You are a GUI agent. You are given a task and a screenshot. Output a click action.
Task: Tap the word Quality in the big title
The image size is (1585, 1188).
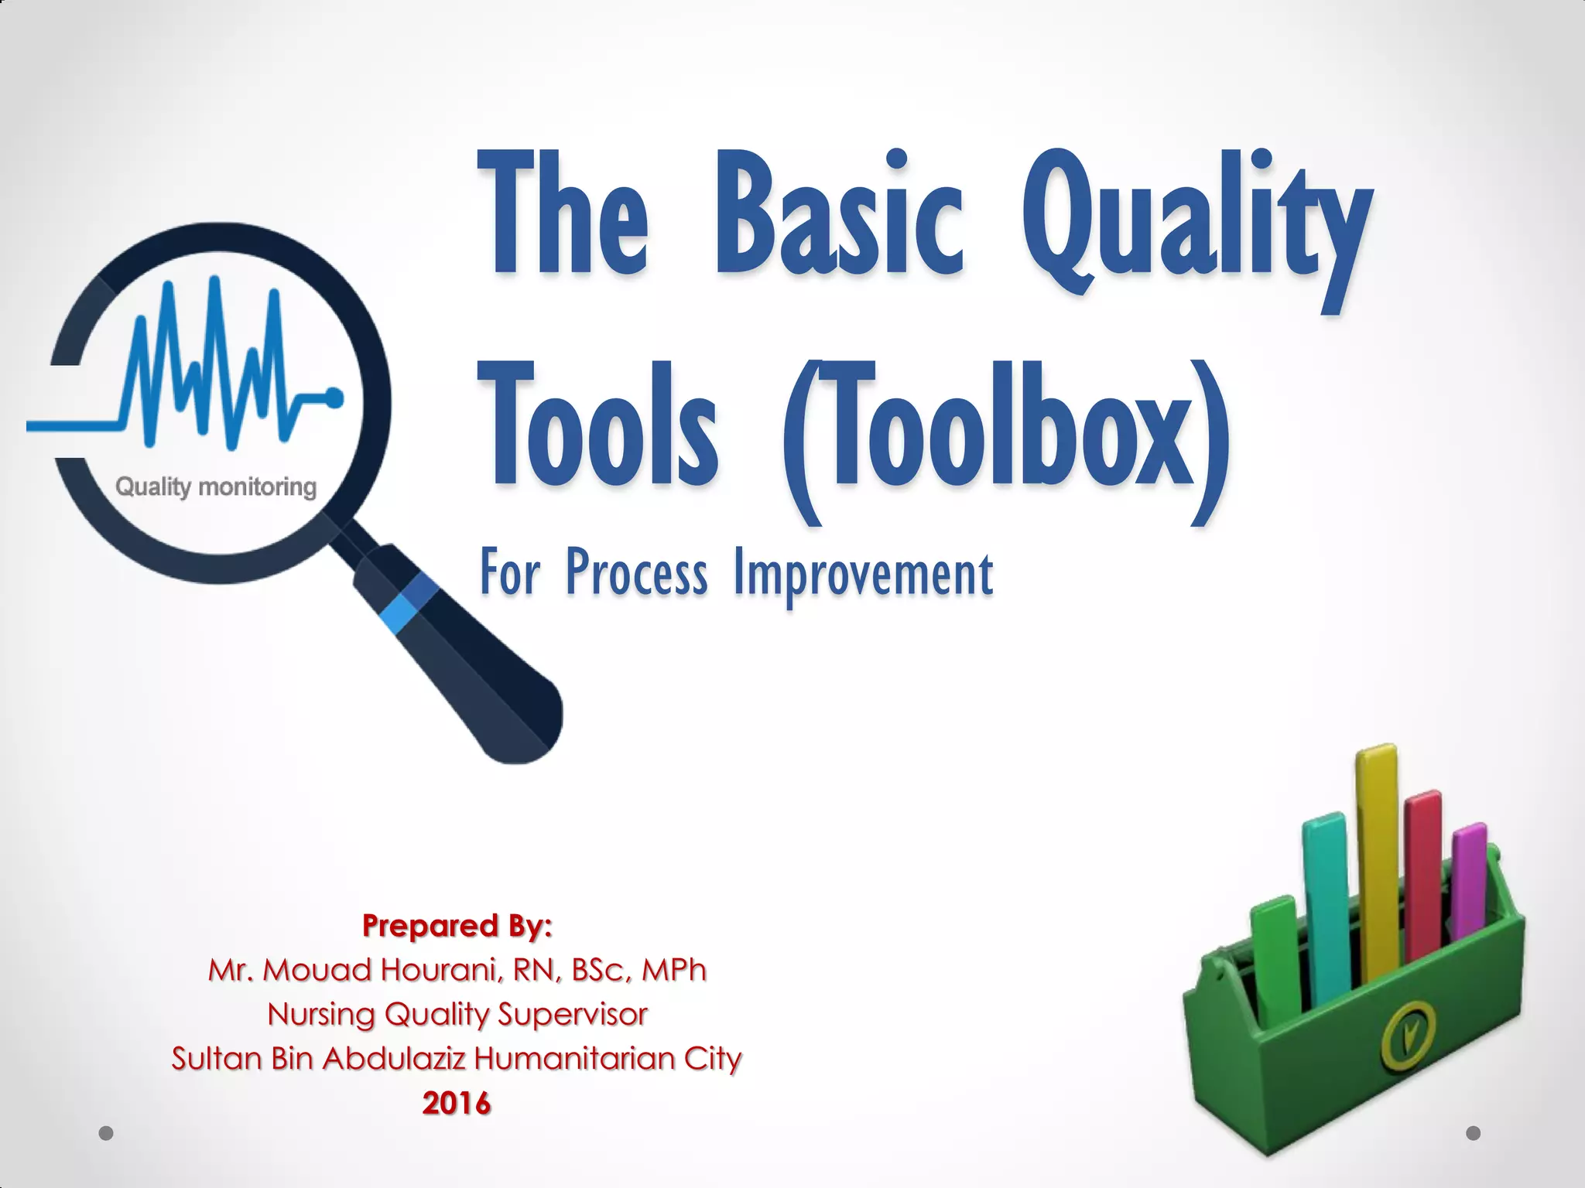[x=1196, y=224]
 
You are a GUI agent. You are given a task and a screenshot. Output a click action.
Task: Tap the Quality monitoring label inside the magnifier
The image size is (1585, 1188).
[x=216, y=487]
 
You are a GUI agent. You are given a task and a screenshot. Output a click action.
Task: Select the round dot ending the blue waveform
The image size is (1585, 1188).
[x=334, y=398]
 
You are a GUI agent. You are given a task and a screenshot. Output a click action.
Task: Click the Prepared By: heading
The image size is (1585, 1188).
[x=457, y=925]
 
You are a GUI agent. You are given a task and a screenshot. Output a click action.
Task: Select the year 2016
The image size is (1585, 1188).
[x=457, y=1103]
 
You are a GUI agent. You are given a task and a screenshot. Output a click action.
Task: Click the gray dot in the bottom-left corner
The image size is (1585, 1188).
[x=107, y=1133]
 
